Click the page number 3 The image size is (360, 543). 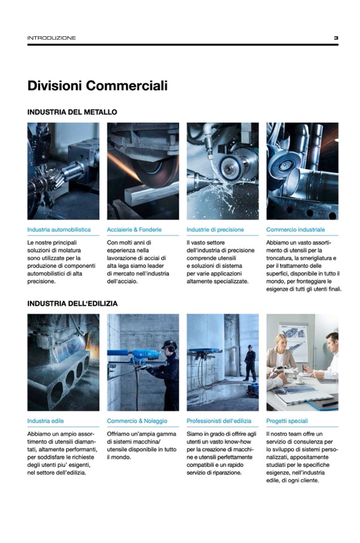click(x=336, y=38)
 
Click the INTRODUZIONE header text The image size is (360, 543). click(x=52, y=38)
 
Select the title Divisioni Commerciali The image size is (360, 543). click(x=97, y=85)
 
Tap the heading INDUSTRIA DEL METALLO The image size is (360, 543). click(x=72, y=112)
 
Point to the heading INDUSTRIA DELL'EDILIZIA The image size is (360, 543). click(x=72, y=303)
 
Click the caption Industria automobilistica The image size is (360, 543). click(x=59, y=229)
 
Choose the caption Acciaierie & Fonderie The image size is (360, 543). click(x=134, y=229)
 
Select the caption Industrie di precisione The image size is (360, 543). click(x=215, y=229)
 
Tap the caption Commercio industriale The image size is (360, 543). click(x=295, y=229)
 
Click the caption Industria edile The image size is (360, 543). click(x=45, y=421)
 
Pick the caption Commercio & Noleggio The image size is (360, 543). click(x=137, y=421)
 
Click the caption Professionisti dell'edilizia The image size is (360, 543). click(x=219, y=421)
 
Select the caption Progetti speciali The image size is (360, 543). click(x=287, y=421)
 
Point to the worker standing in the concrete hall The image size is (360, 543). click(x=250, y=363)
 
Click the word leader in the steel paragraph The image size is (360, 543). click(x=156, y=266)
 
